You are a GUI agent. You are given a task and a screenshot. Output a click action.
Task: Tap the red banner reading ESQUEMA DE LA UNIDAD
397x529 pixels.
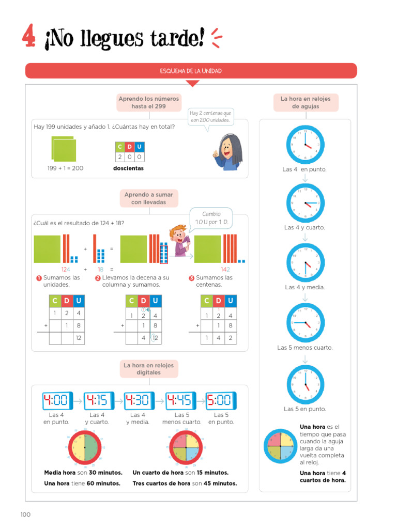point(191,71)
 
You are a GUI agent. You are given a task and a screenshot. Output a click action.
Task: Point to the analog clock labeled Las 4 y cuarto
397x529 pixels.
point(305,204)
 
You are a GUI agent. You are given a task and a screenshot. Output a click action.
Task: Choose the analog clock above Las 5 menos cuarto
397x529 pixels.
point(305,323)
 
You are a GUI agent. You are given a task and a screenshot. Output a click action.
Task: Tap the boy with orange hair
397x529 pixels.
point(179,240)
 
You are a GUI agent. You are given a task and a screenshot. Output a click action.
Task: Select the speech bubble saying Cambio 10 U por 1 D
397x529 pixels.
point(211,218)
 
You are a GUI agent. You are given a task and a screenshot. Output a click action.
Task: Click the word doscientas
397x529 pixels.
point(128,168)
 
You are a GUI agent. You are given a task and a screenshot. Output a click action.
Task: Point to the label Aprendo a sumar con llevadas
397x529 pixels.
point(148,198)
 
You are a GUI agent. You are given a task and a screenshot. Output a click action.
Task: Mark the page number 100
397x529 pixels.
point(26,515)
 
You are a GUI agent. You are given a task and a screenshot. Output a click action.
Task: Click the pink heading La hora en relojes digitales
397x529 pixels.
point(148,369)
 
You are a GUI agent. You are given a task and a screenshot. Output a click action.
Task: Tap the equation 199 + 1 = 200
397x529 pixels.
point(65,168)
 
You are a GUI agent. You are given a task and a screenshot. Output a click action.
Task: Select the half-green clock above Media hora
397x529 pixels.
point(84,447)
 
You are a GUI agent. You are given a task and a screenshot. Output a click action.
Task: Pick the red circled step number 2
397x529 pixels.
point(98,278)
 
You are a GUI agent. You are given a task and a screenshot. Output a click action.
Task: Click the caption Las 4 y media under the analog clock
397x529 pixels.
point(305,287)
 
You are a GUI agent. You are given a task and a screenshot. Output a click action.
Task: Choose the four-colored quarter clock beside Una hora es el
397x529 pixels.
point(280,446)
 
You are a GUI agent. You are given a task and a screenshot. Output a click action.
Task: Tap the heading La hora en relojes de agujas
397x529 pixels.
point(306,102)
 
